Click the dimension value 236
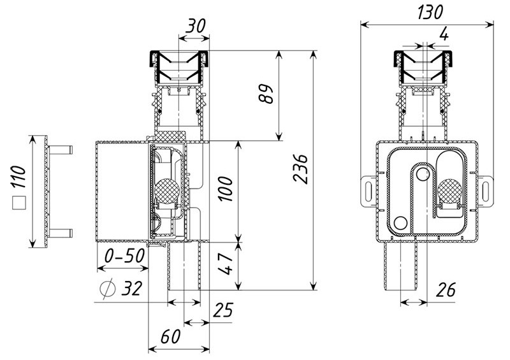click(x=300, y=169)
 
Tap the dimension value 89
click(x=266, y=94)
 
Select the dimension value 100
click(x=226, y=189)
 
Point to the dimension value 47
click(x=226, y=264)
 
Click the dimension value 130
click(x=430, y=11)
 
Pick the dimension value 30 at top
click(x=196, y=26)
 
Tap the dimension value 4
click(x=443, y=34)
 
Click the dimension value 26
click(x=445, y=290)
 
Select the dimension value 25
click(x=223, y=310)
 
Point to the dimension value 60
click(x=170, y=336)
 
